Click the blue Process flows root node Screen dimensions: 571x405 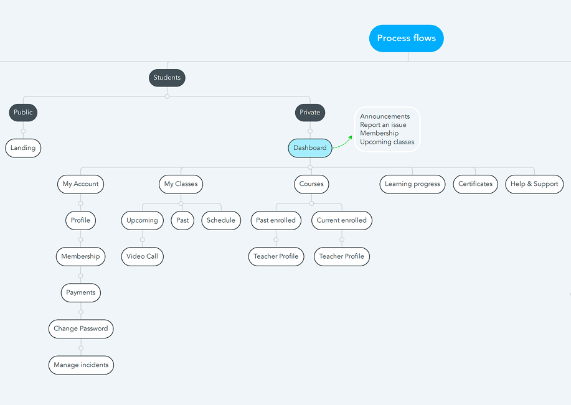407,38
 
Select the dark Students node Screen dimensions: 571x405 167,78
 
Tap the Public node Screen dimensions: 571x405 23,113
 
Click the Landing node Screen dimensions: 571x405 23,147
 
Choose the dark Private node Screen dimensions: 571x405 310,113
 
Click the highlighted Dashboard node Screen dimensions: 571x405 310,147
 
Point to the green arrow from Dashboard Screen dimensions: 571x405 342,143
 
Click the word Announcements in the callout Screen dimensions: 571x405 385,116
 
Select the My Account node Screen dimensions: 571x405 80,184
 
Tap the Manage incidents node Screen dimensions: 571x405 81,365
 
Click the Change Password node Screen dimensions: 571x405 81,328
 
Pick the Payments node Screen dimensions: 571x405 80,292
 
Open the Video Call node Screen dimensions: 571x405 142,256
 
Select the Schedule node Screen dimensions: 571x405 221,220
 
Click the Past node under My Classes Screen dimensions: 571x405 182,220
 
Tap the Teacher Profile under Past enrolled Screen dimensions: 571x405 276,256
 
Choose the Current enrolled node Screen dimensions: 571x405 342,220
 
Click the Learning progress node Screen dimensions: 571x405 412,184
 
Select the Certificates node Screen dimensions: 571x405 475,184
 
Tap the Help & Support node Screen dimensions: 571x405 534,184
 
